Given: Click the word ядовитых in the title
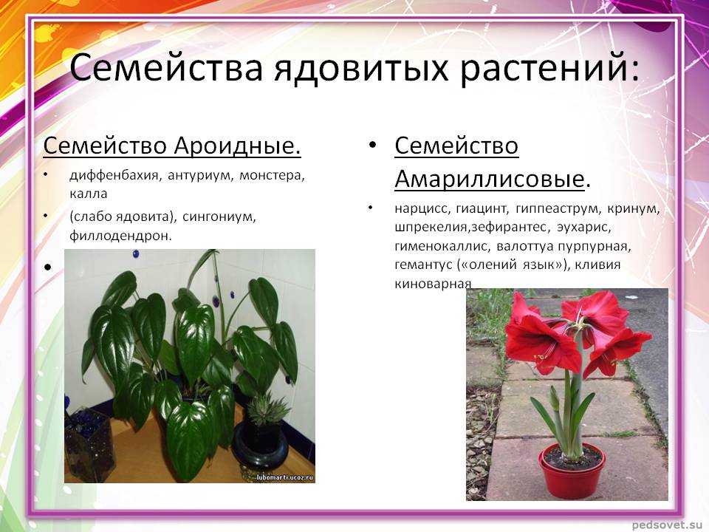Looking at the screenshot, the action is [x=360, y=68].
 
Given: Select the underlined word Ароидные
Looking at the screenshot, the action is [x=237, y=146].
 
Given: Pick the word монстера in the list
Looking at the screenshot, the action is [x=272, y=175].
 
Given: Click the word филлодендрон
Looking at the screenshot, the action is [x=120, y=236].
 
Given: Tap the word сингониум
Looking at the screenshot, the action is [x=219, y=217].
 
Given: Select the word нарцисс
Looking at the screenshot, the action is [x=422, y=208].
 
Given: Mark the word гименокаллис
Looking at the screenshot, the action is [x=442, y=247].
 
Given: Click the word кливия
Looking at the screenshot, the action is [x=597, y=265].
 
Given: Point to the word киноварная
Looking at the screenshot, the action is [x=433, y=284].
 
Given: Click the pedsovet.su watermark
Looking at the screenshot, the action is [x=668, y=525].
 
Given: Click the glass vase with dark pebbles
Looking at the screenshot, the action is [x=90, y=446].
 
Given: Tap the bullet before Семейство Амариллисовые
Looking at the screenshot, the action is [x=372, y=146].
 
